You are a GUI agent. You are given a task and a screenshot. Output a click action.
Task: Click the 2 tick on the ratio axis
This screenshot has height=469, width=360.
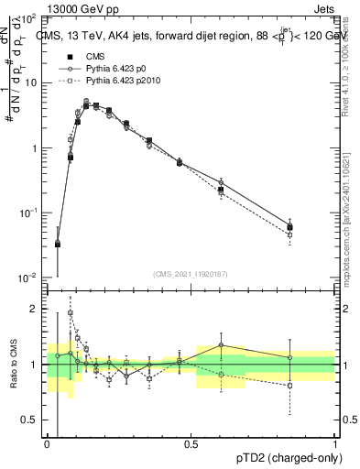[36, 309]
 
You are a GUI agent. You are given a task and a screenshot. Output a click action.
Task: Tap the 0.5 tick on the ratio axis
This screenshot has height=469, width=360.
[32, 420]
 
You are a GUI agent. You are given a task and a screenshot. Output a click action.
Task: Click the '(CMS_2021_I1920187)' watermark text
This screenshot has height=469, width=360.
[191, 274]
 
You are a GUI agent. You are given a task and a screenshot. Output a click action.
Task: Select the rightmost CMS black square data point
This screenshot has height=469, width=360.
[290, 226]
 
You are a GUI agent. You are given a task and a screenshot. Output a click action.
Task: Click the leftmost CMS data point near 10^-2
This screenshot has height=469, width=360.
[58, 245]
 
